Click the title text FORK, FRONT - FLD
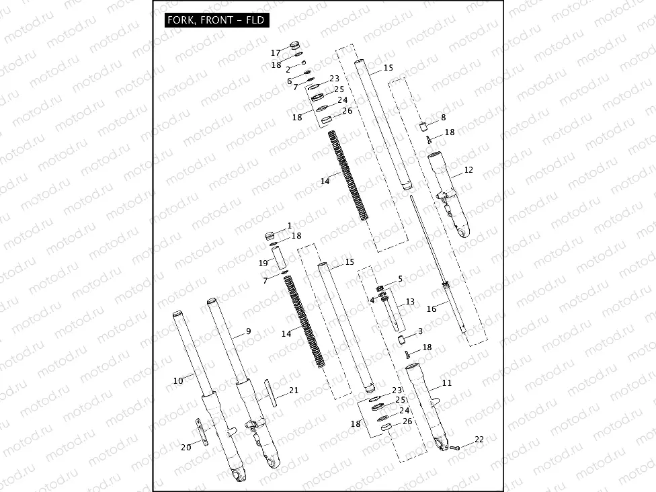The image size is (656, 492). coord(217,21)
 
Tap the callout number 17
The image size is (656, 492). coord(276,53)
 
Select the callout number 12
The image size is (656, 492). coord(468,170)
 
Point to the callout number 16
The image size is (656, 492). coord(432,309)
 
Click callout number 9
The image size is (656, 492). coord(248,331)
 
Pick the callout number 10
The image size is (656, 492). coord(178,380)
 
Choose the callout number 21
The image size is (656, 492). coord(294,391)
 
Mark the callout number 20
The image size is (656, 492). coord(186,447)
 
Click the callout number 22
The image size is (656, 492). coord(479,440)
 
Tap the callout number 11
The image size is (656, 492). coord(447,383)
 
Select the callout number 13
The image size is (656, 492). coord(410,302)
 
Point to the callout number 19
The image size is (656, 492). coord(263,263)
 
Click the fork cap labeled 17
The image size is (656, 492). coord(294,46)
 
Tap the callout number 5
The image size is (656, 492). coord(400,278)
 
